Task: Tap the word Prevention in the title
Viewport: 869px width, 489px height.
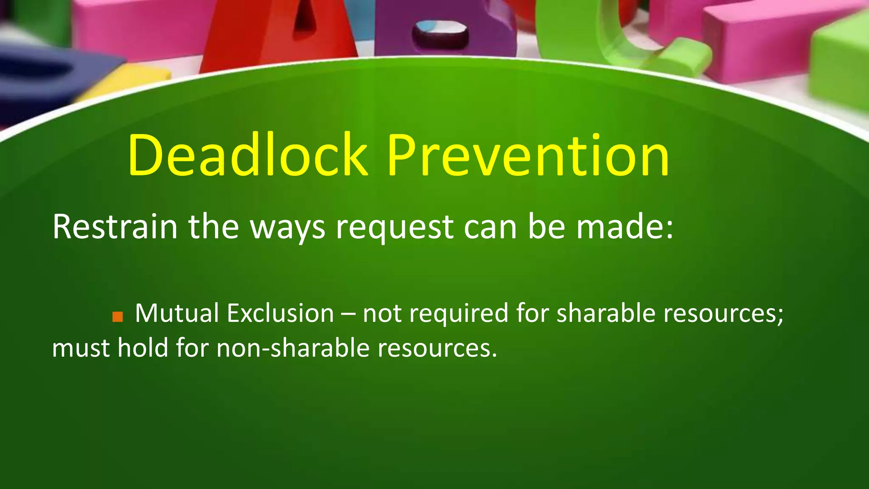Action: pyautogui.click(x=528, y=156)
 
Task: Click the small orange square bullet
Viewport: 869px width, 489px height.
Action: pyautogui.click(x=118, y=317)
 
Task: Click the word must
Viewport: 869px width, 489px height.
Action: pyautogui.click(x=81, y=348)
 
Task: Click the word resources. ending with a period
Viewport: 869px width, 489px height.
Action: pyautogui.click(x=437, y=348)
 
